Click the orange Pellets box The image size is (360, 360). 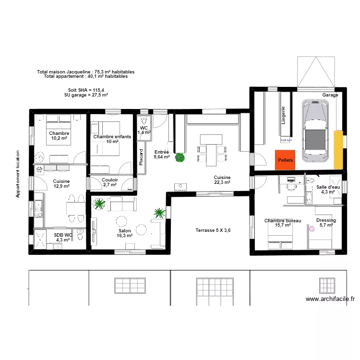coord(285,159)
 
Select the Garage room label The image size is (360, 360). coord(330,95)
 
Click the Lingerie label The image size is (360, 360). coord(283,115)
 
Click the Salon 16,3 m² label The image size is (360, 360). coord(124,233)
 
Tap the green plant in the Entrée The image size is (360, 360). coord(180,157)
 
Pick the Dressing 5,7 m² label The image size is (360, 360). coord(326,223)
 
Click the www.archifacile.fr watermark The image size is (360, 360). coord(331,299)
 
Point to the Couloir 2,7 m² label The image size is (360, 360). coord(110,182)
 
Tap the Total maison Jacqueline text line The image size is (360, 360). coord(85,72)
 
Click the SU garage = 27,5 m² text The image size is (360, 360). coord(86,95)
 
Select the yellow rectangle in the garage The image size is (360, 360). coord(339,149)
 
